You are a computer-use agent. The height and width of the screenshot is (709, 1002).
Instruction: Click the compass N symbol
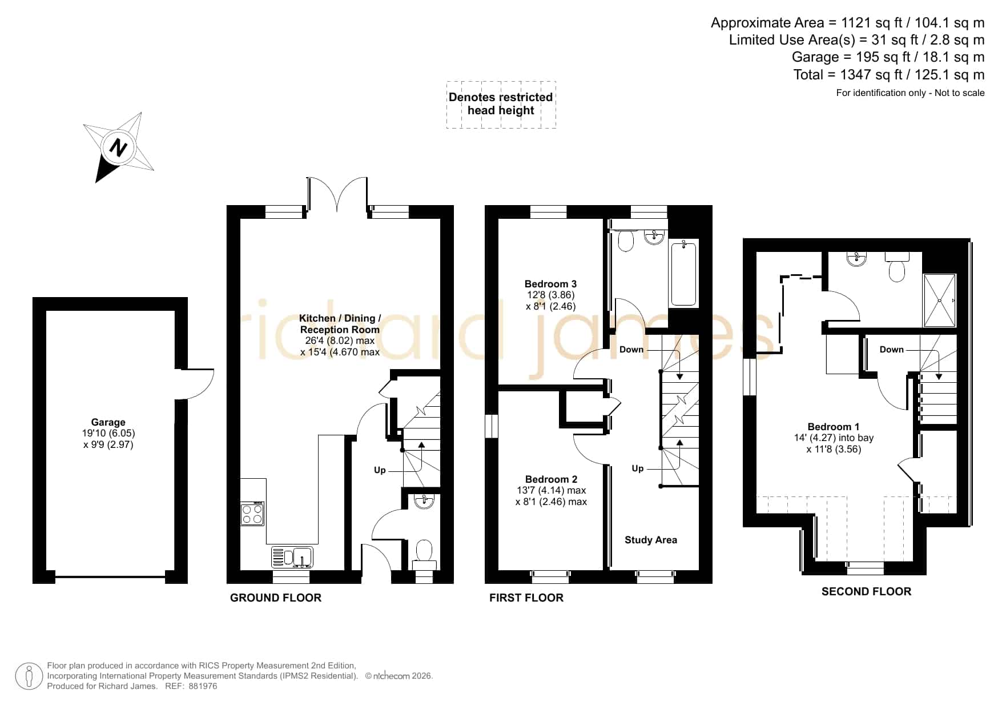(119, 147)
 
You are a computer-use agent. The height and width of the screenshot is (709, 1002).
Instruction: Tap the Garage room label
(108, 422)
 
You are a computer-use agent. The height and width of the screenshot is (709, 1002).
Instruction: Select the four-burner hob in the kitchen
(252, 513)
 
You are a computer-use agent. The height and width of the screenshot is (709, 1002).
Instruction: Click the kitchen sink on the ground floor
(292, 557)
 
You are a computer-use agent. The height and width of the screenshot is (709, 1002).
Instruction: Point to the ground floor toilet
(424, 555)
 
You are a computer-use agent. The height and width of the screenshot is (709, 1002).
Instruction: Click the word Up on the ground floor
(380, 470)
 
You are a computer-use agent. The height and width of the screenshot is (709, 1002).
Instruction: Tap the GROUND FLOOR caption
(276, 598)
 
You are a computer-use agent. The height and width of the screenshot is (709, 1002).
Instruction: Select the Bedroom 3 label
(550, 284)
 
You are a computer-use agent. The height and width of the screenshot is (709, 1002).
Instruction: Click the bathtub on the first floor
(683, 274)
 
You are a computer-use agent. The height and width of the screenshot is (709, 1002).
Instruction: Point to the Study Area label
(651, 540)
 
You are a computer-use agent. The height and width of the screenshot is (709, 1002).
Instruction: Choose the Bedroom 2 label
(551, 479)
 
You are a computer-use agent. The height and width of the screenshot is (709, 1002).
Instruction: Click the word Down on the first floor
(631, 350)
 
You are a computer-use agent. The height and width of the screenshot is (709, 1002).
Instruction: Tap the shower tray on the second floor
(939, 301)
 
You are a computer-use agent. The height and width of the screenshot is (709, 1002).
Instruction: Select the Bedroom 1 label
(834, 427)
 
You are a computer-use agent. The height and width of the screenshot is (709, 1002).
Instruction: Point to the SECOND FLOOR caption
(866, 591)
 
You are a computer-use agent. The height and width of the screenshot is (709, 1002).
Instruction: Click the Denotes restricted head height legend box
(501, 105)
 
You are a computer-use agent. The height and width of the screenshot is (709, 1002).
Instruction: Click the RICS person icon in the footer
(29, 676)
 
